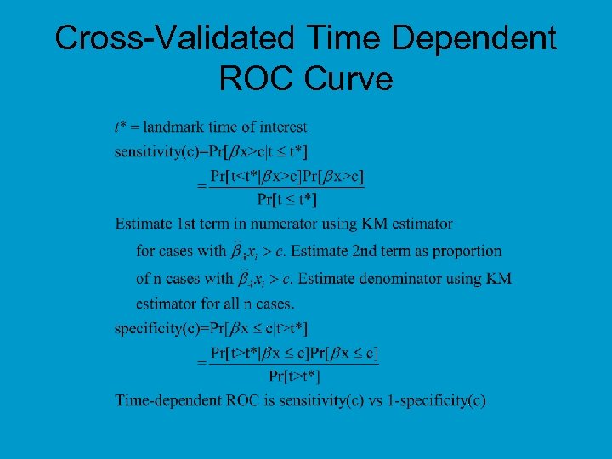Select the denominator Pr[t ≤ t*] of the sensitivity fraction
(287, 200)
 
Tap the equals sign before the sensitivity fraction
(201, 184)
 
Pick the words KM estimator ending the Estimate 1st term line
(407, 224)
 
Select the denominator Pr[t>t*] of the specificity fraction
(294, 375)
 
